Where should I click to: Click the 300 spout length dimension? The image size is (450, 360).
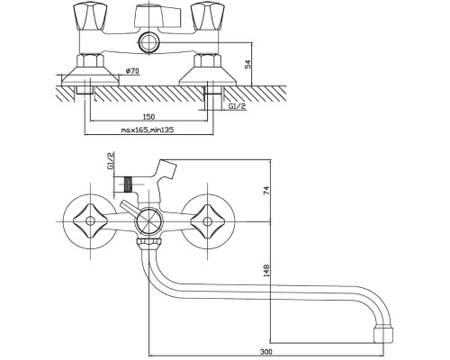tap(266, 352)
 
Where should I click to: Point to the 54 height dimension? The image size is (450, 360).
tap(247, 65)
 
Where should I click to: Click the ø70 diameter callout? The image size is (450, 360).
tap(132, 71)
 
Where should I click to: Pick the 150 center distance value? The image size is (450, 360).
tap(148, 116)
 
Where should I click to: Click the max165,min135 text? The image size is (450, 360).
tap(148, 130)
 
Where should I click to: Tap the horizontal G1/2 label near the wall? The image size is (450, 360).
tap(238, 106)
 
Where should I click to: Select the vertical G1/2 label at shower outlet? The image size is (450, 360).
tap(111, 161)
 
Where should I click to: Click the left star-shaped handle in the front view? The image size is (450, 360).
tap(89, 221)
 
